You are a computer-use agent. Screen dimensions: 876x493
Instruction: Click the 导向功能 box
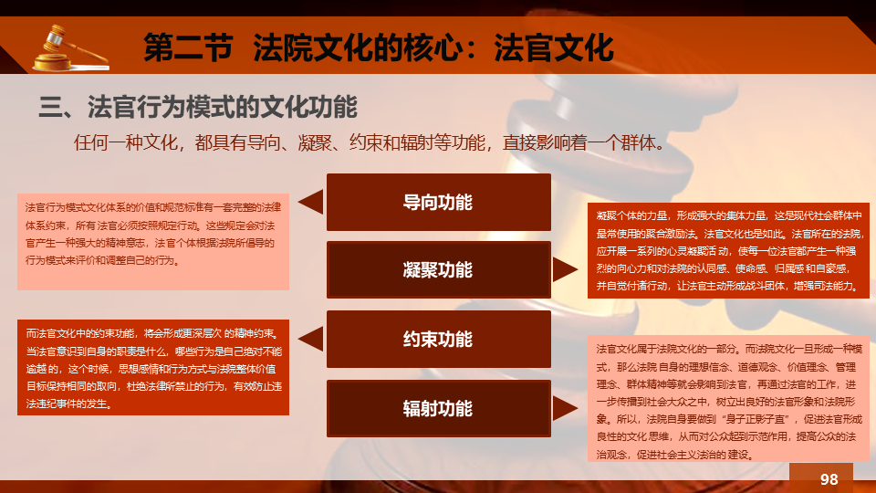(x=439, y=202)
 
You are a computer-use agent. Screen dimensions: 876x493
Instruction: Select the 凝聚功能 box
(x=439, y=270)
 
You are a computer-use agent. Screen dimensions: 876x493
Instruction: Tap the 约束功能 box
(x=439, y=340)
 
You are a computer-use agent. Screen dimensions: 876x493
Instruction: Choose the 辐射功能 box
(x=439, y=409)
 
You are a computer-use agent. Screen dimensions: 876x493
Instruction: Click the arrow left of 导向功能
(x=310, y=202)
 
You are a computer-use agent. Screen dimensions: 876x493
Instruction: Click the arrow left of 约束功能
(x=310, y=339)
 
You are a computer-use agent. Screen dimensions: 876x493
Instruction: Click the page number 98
(x=829, y=479)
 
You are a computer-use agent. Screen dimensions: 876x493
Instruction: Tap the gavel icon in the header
(x=71, y=48)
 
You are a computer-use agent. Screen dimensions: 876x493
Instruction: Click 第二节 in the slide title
(x=188, y=47)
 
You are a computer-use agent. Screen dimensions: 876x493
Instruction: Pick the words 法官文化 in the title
(x=554, y=47)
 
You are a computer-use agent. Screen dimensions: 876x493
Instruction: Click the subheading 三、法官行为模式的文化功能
(x=198, y=107)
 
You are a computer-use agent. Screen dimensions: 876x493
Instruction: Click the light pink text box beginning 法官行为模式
(x=153, y=241)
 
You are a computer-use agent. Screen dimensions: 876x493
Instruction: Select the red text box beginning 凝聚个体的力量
(x=728, y=250)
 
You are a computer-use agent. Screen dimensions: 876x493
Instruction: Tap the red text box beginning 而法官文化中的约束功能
(x=153, y=367)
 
